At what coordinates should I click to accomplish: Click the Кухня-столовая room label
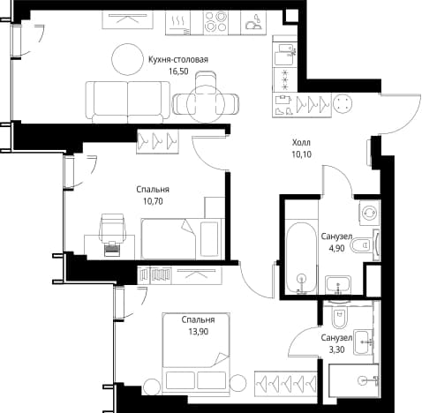coord(178,60)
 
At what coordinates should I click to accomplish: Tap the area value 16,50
coord(178,71)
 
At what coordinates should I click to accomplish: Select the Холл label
coord(301,143)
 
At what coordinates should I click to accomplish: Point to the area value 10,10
coord(302,154)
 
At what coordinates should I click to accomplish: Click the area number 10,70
coord(153,201)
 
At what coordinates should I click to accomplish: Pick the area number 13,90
coord(199,332)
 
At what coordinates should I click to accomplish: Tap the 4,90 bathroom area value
coord(336,248)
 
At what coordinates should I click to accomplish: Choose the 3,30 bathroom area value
coord(336,349)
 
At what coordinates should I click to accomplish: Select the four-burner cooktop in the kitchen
coord(215,22)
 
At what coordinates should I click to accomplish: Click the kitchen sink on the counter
coord(253,22)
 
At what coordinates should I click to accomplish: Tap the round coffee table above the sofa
coord(127,59)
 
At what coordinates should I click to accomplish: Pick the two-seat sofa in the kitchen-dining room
coord(128,101)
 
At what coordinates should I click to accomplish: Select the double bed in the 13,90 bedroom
coord(196,352)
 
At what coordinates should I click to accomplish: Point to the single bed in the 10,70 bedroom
coord(183,239)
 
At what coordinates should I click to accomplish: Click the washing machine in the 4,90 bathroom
coord(369,213)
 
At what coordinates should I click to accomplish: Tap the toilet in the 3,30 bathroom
coord(340,315)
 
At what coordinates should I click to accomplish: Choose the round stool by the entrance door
coord(343,103)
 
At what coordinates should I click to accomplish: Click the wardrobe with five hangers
coord(285,382)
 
